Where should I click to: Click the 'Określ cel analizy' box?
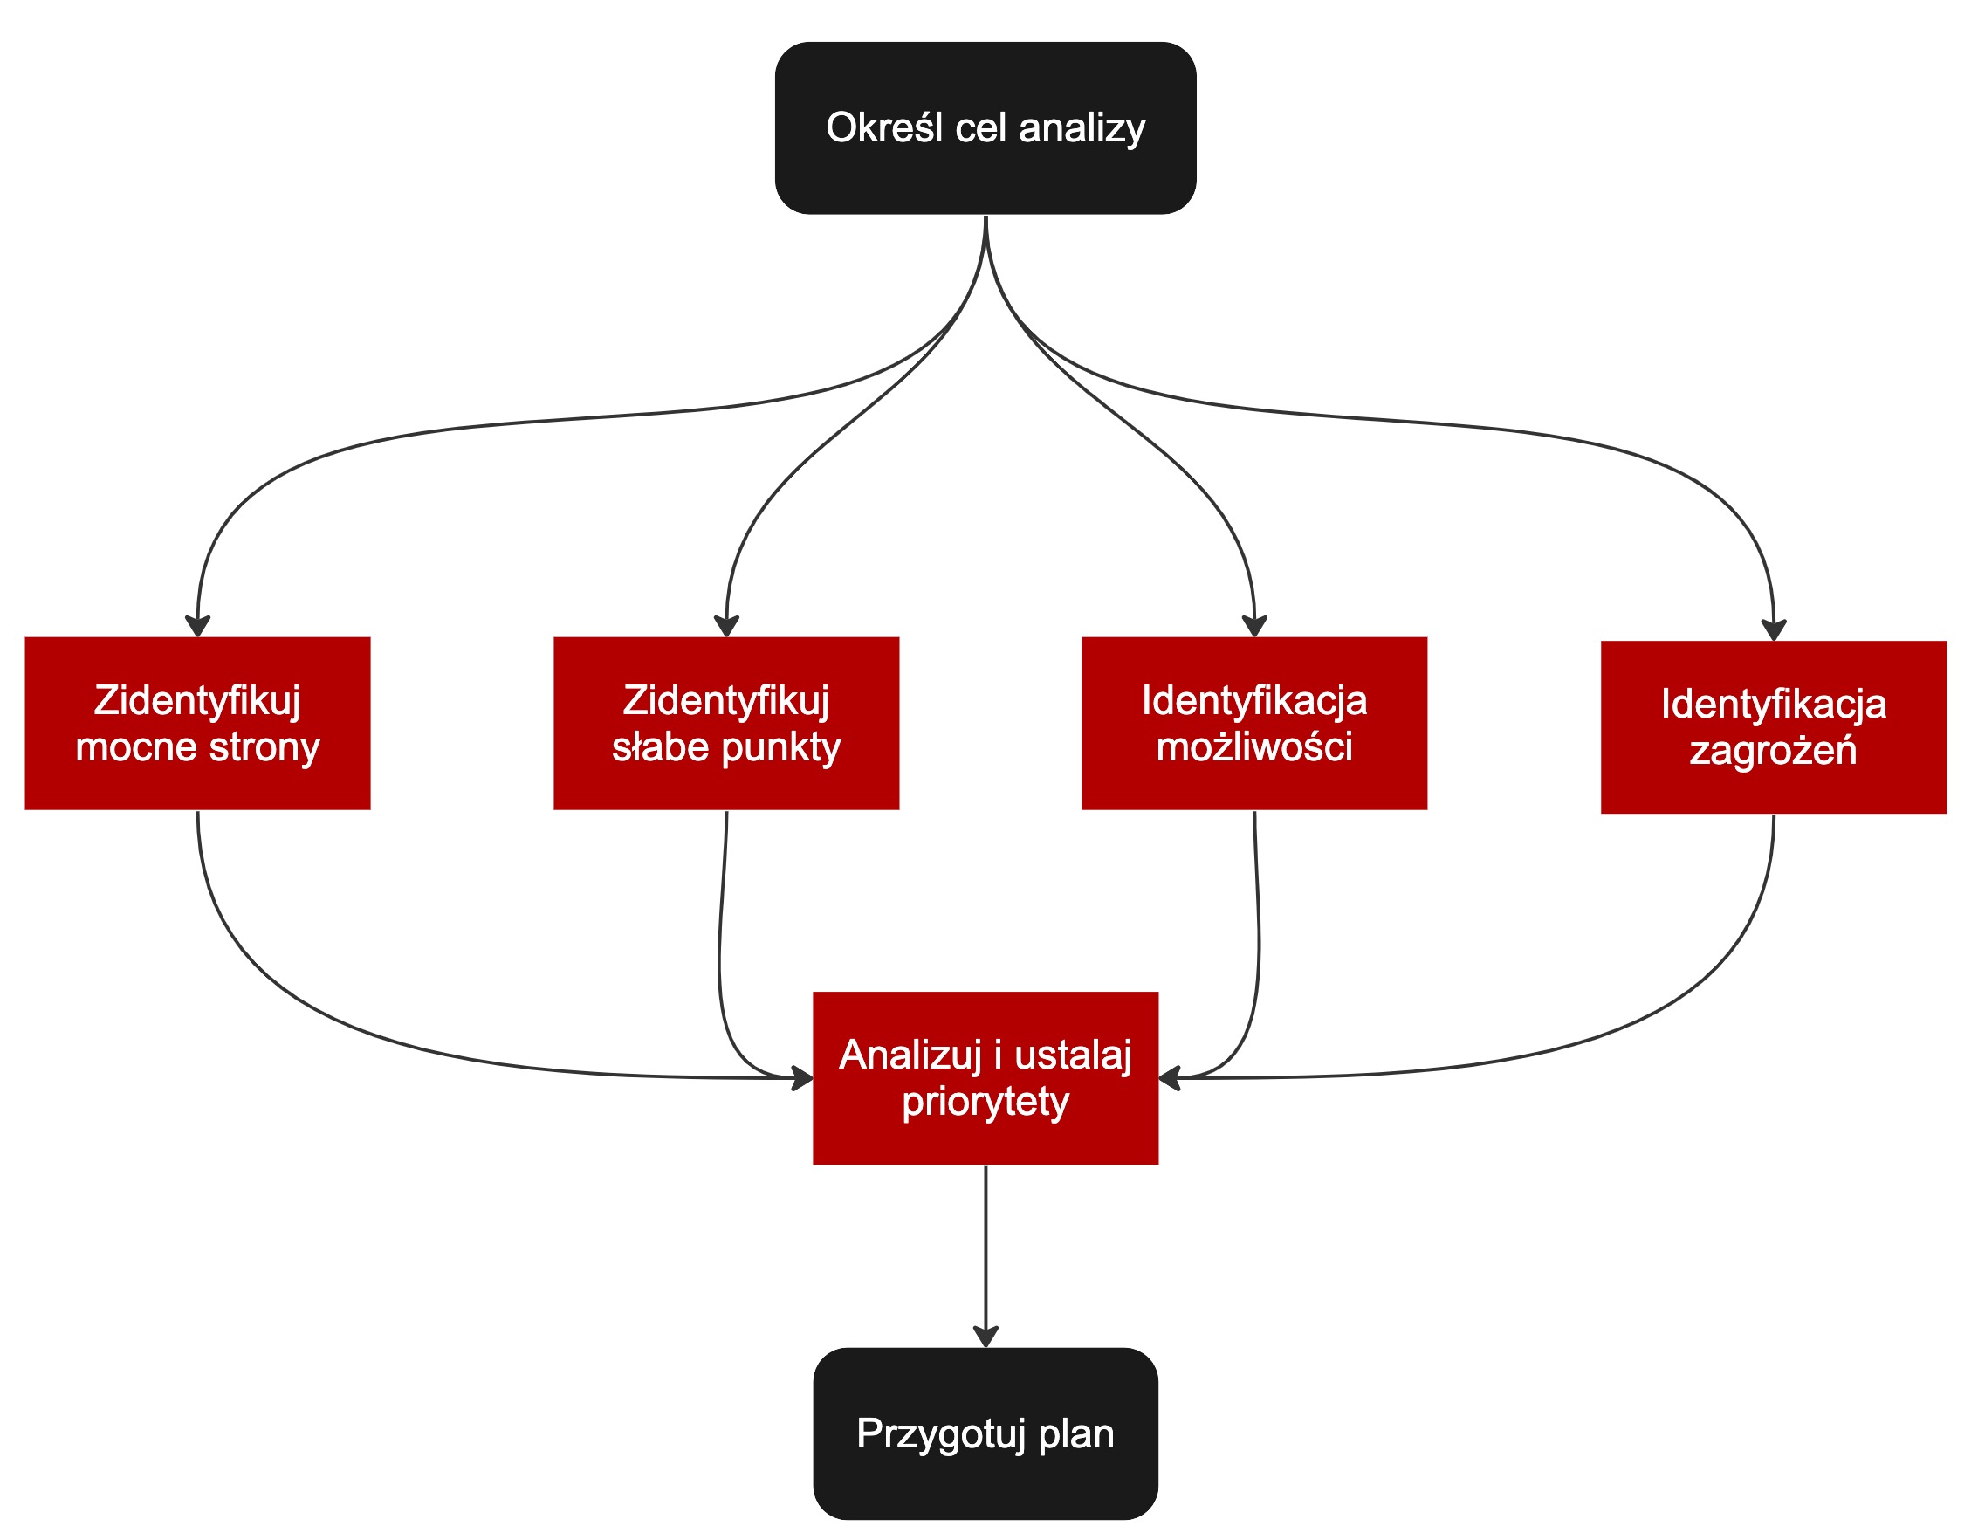click(986, 127)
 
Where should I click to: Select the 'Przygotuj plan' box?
click(986, 1434)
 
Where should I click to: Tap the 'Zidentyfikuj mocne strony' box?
click(197, 724)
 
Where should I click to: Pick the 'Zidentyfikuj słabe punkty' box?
click(726, 724)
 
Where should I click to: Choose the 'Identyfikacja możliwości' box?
click(1254, 724)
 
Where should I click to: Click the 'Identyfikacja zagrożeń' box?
click(1774, 727)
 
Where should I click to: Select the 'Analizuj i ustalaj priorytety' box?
click(986, 1078)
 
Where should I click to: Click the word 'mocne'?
click(136, 747)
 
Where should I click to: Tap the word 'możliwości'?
click(1254, 747)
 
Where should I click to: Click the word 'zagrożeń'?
click(1774, 751)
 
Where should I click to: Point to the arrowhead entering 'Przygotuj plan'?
click(986, 1337)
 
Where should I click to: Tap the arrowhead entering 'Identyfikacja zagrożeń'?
click(1774, 630)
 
